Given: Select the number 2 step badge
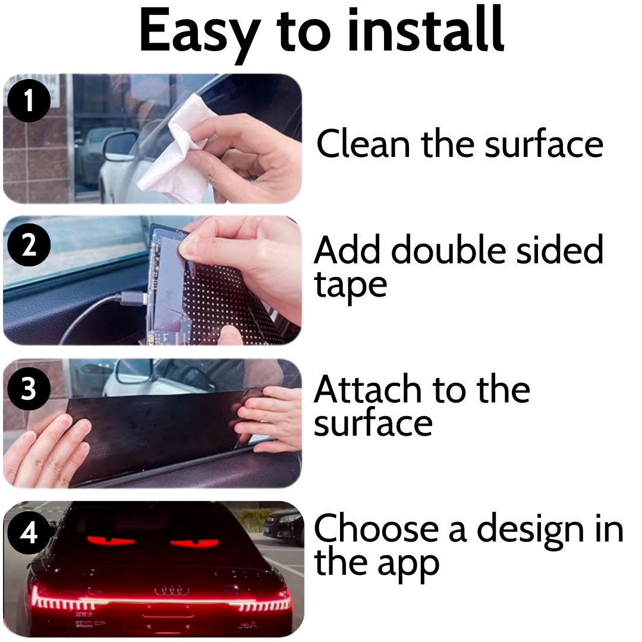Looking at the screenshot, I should [x=29, y=246].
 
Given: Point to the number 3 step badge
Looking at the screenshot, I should [x=29, y=390].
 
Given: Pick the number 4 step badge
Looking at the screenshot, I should [x=29, y=533].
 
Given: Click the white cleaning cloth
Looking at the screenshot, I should [x=178, y=149].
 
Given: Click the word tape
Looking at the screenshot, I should [x=350, y=285].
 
